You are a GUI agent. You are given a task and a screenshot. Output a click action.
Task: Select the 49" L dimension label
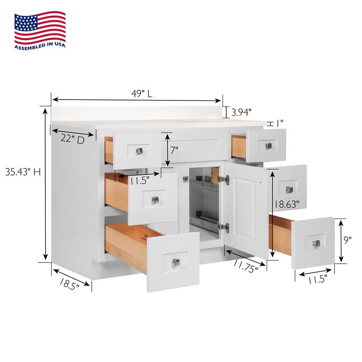pos(142,94)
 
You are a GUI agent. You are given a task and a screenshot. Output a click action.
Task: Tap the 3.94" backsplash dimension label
pos(241,112)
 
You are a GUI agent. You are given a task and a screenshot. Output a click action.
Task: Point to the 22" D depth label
pos(72,139)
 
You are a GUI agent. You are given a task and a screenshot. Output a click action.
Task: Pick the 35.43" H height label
pos(23,172)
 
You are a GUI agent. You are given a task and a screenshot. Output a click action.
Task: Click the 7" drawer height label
pos(174,150)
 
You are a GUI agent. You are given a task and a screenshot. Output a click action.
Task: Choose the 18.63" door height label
pos(287,205)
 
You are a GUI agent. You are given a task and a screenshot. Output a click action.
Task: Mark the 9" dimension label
pos(347,240)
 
